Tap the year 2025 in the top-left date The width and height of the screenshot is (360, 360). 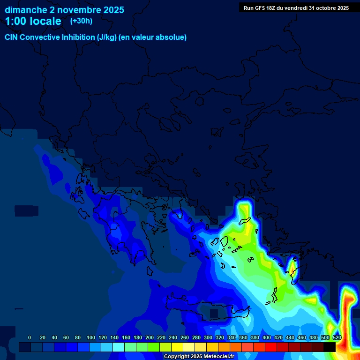[x=112, y=9]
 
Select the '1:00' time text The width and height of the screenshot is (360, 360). [x=15, y=21]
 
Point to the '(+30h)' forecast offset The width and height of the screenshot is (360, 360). [x=81, y=21]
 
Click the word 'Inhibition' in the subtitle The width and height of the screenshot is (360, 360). [x=78, y=37]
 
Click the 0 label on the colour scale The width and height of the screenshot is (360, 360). [x=30, y=337]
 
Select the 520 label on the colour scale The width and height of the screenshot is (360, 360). [x=337, y=337]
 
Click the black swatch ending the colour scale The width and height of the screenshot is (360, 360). [x=330, y=347]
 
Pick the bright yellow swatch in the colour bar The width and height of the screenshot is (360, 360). [x=177, y=347]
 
